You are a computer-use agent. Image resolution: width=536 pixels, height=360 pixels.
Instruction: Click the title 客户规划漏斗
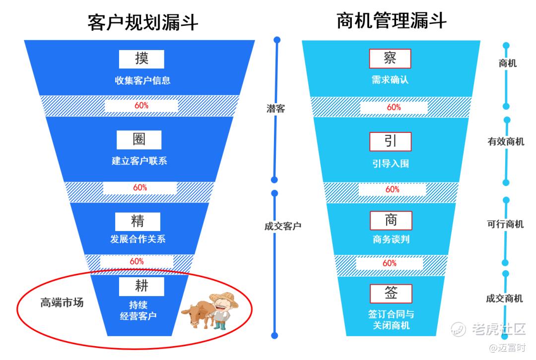pyautogui.click(x=143, y=22)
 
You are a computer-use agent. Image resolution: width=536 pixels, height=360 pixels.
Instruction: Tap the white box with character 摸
pyautogui.click(x=141, y=59)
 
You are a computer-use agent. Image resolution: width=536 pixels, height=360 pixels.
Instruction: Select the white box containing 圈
pyautogui.click(x=139, y=139)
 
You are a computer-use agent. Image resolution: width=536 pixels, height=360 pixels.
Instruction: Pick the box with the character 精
pyautogui.click(x=138, y=221)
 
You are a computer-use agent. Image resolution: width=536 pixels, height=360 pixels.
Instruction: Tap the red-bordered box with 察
pyautogui.click(x=390, y=58)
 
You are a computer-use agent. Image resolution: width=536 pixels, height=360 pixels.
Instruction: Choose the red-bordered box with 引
pyautogui.click(x=391, y=141)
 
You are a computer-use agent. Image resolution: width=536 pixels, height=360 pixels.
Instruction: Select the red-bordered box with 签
pyautogui.click(x=391, y=293)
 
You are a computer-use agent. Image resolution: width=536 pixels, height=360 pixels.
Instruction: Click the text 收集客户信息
pyautogui.click(x=142, y=80)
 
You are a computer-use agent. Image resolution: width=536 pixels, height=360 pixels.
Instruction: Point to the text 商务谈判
pyautogui.click(x=391, y=240)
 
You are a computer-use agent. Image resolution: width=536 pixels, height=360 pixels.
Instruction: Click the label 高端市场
pyautogui.click(x=62, y=302)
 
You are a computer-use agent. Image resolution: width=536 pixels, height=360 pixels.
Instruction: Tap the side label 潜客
pyautogui.click(x=276, y=109)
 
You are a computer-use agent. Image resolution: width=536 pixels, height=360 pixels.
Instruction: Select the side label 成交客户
pyautogui.click(x=283, y=226)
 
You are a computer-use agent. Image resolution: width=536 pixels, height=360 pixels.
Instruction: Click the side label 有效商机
pyautogui.click(x=506, y=142)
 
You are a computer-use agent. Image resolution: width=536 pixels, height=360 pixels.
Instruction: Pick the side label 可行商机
pyautogui.click(x=505, y=224)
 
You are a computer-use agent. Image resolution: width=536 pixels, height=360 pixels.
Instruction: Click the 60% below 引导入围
pyautogui.click(x=392, y=189)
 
